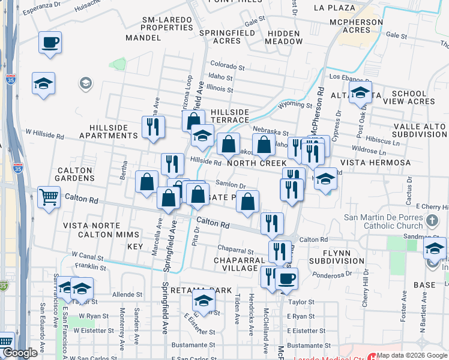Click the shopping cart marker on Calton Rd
click(49, 196)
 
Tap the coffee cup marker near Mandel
click(50, 42)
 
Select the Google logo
click(20, 353)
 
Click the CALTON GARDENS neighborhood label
click(74, 175)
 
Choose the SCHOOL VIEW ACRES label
click(412, 98)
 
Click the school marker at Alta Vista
click(360, 92)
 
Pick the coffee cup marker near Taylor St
click(286, 278)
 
